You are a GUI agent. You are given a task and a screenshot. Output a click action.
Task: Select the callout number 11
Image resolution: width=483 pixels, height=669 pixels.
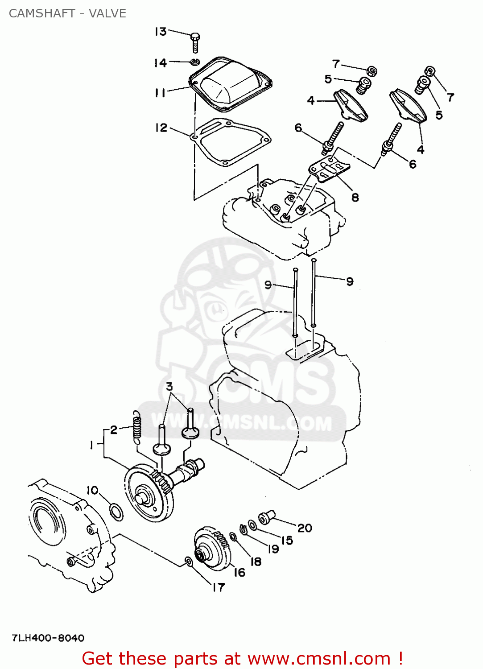click(x=161, y=93)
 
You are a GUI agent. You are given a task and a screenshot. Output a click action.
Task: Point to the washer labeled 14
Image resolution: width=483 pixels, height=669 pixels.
click(x=195, y=62)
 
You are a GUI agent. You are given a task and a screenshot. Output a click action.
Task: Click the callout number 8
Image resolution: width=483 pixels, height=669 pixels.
click(x=355, y=197)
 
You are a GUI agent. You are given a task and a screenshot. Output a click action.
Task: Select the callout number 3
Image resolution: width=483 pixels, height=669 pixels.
click(x=169, y=386)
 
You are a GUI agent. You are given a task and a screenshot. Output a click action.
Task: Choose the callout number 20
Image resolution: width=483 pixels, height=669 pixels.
click(x=305, y=528)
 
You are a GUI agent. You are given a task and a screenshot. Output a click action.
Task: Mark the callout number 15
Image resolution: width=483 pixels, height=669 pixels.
click(x=287, y=540)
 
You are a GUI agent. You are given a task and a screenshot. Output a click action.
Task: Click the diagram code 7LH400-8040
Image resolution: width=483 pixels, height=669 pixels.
click(x=48, y=638)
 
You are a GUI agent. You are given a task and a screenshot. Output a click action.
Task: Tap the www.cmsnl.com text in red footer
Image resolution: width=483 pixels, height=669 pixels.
click(x=319, y=658)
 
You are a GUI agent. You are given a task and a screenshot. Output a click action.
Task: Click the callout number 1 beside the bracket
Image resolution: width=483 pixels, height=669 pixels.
click(x=91, y=445)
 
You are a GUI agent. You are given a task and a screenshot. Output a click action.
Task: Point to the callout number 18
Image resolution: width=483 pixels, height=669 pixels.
click(x=256, y=562)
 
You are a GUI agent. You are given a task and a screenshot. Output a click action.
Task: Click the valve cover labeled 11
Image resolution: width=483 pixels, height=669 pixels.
click(x=230, y=85)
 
